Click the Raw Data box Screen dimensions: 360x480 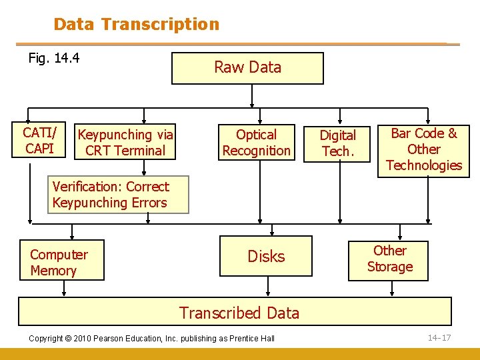[247, 68]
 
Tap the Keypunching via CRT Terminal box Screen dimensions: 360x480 [125, 143]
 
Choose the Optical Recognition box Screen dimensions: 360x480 [257, 143]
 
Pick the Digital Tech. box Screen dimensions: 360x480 [338, 143]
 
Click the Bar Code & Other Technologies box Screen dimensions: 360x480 [423, 149]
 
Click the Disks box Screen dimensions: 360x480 [266, 256]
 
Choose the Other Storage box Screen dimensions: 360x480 [389, 259]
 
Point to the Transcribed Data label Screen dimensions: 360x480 [239, 313]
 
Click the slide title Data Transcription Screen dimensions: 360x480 [136, 25]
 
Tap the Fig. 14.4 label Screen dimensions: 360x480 [54, 58]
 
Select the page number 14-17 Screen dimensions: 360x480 [439, 337]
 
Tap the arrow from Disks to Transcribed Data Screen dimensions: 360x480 [267, 289]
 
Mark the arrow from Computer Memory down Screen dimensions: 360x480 [63, 289]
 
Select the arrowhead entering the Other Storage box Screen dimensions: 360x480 [399, 236]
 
